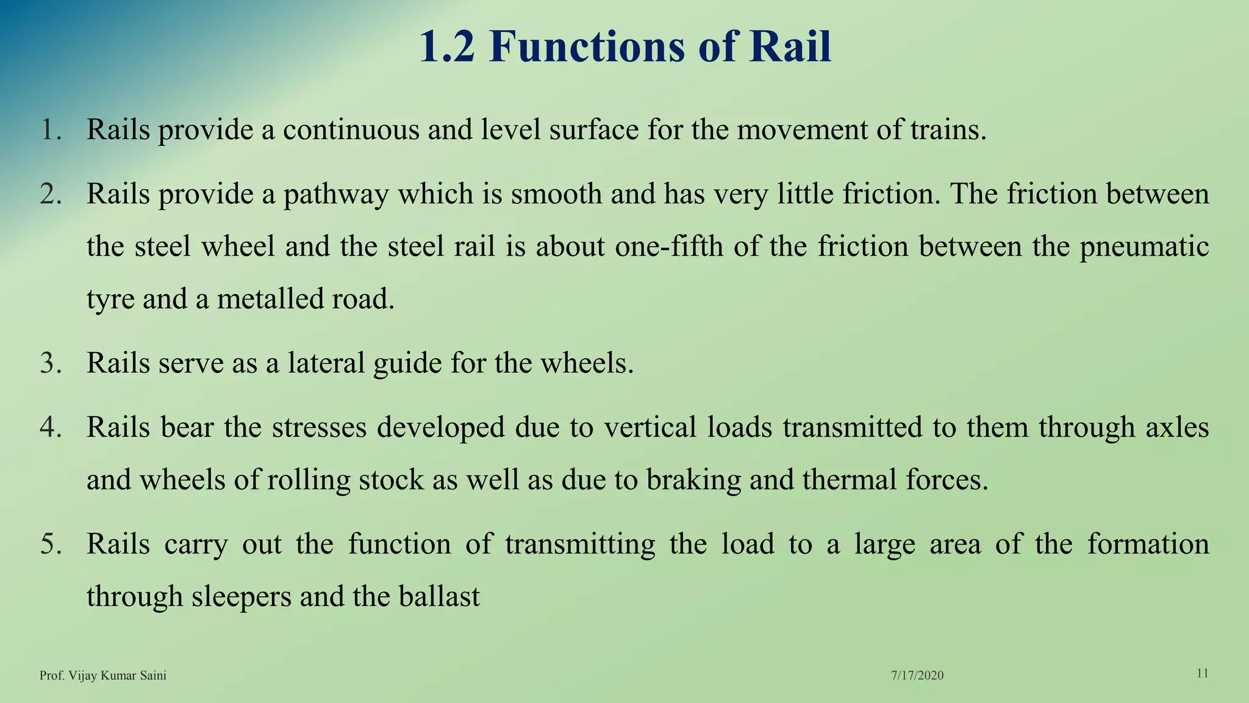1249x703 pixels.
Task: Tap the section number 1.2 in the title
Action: [446, 46]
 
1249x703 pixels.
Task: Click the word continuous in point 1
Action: [351, 129]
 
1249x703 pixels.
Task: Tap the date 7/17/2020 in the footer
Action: [917, 676]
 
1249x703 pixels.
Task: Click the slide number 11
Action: [1203, 674]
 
